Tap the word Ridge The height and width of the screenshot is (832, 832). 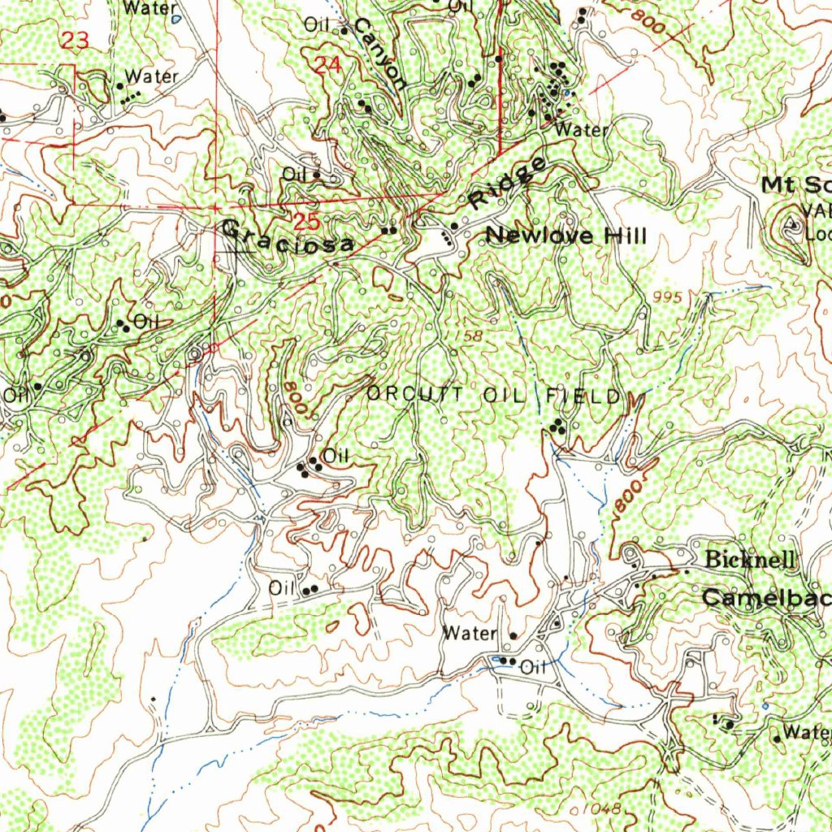click(508, 184)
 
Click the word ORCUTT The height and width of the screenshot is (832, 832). click(415, 395)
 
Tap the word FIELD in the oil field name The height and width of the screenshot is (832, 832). click(583, 396)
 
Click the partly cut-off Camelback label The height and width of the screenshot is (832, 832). click(766, 598)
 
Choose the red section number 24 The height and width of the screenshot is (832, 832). click(327, 66)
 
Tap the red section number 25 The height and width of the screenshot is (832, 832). click(308, 221)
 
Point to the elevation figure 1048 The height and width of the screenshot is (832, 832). click(601, 808)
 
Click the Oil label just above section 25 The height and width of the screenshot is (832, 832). click(293, 174)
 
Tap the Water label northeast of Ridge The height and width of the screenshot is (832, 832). click(580, 130)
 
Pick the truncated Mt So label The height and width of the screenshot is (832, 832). click(795, 185)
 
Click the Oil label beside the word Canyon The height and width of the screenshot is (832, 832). click(316, 25)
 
